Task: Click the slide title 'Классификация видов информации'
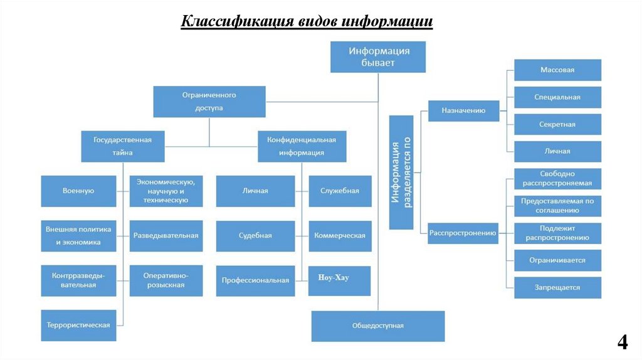point(307,21)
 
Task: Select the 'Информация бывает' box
point(379,56)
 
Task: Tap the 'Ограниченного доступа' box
point(209,102)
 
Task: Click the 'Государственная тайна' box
point(122,146)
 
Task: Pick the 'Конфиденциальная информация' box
point(302,146)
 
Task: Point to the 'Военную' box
point(78,191)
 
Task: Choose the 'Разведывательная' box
point(166,236)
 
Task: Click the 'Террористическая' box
point(78,325)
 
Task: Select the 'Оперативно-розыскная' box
point(166,280)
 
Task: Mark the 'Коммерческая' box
point(339,236)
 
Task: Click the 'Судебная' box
point(255,236)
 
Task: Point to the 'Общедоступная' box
point(378,326)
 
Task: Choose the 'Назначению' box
point(464,110)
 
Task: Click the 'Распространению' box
point(463,233)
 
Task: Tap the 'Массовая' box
point(557,70)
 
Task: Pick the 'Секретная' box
point(557,124)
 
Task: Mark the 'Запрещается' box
point(557,287)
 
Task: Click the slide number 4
point(623,342)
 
